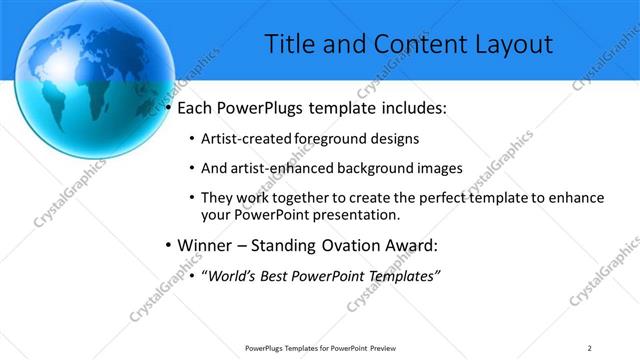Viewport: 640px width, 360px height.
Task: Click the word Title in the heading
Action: tap(290, 44)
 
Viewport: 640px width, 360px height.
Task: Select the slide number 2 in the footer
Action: tap(590, 347)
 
